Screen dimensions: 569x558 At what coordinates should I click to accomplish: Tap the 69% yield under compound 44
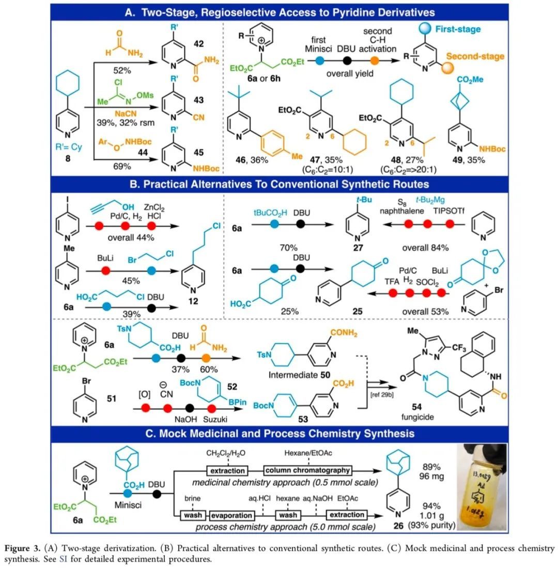(x=119, y=166)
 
